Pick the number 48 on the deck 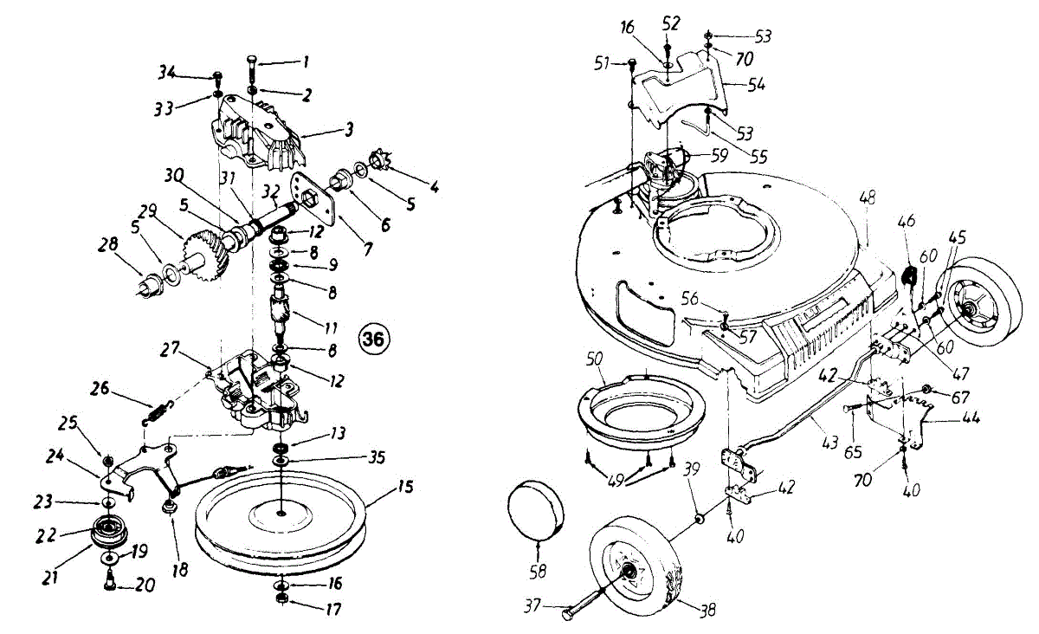point(868,198)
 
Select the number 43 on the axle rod point(829,443)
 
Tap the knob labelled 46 point(909,277)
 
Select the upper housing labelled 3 point(256,134)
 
